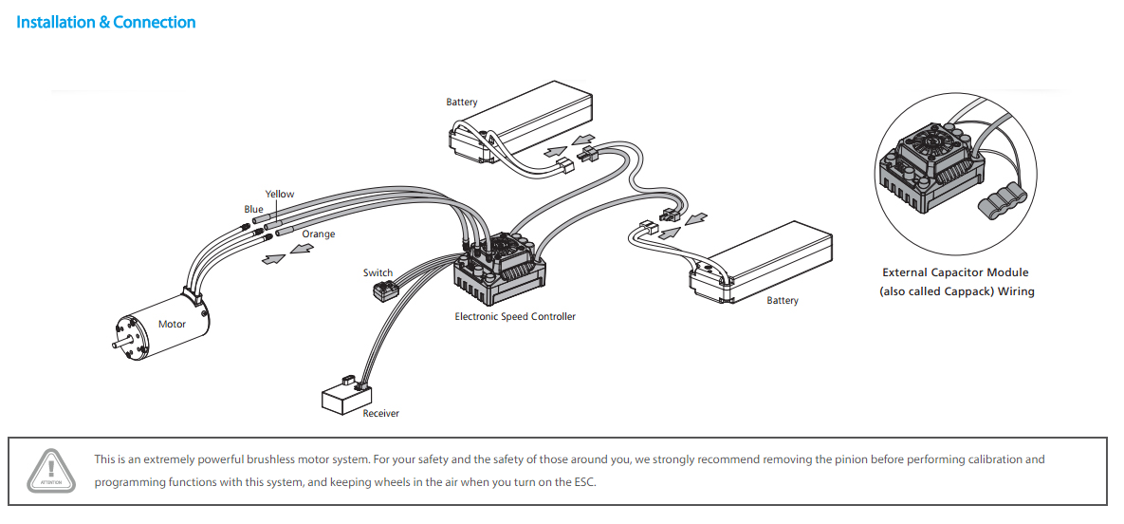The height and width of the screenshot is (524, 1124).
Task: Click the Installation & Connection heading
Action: pos(106,22)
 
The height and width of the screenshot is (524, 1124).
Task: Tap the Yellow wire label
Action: pos(279,194)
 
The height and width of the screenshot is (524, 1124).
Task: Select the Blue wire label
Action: pos(253,209)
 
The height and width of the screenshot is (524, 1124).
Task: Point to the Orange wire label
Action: pos(318,234)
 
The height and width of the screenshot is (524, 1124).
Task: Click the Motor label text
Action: pos(172,324)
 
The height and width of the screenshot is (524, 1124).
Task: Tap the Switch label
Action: pos(378,272)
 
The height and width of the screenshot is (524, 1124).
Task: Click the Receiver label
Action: pos(380,413)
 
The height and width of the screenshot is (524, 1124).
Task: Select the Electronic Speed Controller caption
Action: pos(514,316)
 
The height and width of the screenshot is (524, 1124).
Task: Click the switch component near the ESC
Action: pos(383,290)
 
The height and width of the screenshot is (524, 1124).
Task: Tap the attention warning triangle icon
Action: pos(51,468)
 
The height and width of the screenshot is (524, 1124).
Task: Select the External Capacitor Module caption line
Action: pos(955,272)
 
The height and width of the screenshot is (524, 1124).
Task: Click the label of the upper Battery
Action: pos(462,102)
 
